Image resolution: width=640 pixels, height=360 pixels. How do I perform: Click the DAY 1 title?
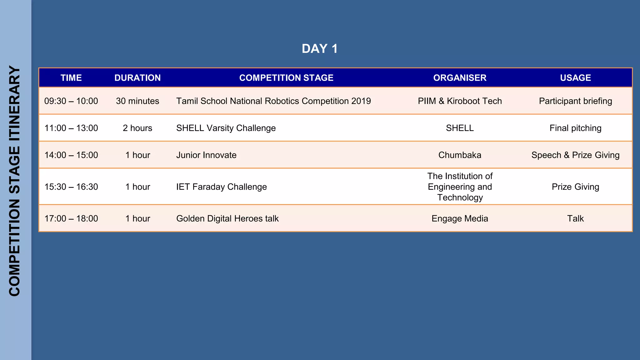click(319, 49)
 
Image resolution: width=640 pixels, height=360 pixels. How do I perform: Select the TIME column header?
click(71, 78)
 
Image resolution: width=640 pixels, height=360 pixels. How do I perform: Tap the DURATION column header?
click(137, 78)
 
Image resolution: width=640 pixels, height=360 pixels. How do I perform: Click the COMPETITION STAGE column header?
click(286, 78)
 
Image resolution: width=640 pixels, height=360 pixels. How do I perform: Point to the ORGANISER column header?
click(460, 78)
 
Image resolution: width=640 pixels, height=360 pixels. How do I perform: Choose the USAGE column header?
click(575, 78)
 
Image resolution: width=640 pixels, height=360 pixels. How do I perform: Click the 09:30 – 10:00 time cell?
click(71, 101)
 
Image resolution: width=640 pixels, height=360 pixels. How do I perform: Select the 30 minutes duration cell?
click(137, 101)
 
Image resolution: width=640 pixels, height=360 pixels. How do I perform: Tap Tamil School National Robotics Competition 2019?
click(273, 101)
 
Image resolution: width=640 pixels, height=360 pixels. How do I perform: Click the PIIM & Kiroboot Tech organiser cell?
click(460, 101)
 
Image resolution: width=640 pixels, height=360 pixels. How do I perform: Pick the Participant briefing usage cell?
click(575, 101)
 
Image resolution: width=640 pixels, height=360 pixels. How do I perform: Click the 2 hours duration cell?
click(137, 128)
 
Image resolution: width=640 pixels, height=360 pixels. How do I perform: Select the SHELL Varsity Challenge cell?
click(226, 128)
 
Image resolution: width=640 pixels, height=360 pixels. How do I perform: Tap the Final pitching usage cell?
click(575, 128)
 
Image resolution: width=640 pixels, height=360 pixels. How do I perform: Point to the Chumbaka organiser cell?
click(460, 155)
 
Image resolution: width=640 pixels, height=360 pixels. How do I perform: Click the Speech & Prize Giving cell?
click(575, 155)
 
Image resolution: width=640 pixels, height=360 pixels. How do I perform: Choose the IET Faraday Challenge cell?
click(222, 187)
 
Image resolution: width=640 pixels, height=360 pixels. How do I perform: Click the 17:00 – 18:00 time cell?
click(71, 218)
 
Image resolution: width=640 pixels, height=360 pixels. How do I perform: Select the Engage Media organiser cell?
click(460, 218)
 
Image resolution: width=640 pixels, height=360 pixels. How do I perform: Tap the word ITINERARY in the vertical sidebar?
click(15, 103)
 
